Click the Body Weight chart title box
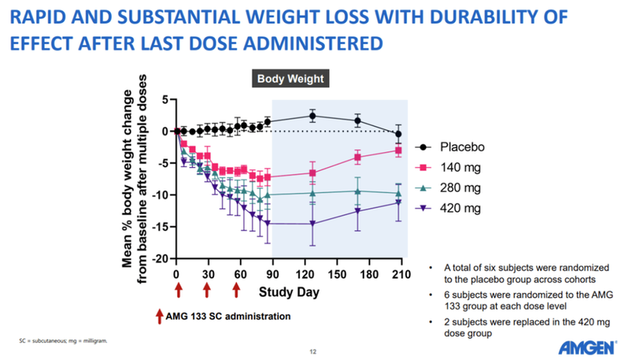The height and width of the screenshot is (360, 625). click(291, 79)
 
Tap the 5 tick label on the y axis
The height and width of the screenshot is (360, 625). click(165, 100)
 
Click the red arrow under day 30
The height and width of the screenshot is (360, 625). click(207, 290)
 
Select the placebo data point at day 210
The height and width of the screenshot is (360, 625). click(398, 134)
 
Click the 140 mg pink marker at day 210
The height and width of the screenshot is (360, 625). click(398, 150)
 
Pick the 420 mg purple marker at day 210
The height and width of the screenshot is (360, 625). click(398, 203)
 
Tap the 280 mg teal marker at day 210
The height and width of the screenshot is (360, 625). click(398, 193)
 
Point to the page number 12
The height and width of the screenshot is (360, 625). click(312, 351)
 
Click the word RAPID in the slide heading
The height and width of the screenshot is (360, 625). click(46, 16)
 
